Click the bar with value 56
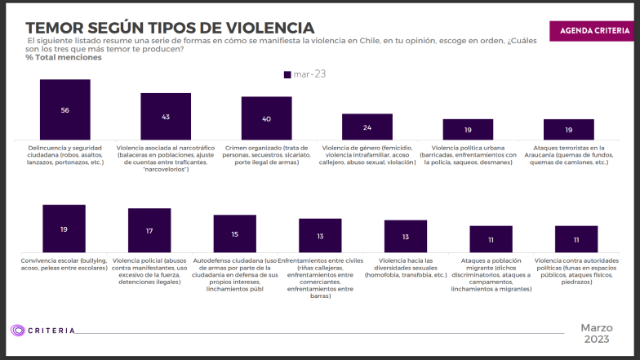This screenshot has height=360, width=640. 64,110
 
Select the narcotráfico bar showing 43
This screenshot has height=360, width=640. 166,117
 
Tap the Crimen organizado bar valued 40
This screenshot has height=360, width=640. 266,118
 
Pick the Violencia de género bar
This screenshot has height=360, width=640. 367,127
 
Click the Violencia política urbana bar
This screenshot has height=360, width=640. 468,130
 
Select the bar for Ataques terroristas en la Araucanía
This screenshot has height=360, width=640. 569,130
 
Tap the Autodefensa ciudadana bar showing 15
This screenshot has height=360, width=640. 235,233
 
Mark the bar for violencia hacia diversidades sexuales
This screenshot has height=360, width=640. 406,236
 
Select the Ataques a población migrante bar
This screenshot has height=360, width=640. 491,239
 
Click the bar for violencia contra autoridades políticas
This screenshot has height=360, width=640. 576,239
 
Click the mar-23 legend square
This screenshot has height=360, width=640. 287,74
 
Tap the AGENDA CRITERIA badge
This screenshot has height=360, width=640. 593,30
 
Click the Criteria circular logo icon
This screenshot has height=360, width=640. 18,331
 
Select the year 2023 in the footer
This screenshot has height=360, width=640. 596,340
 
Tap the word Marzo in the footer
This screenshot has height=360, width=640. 596,327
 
